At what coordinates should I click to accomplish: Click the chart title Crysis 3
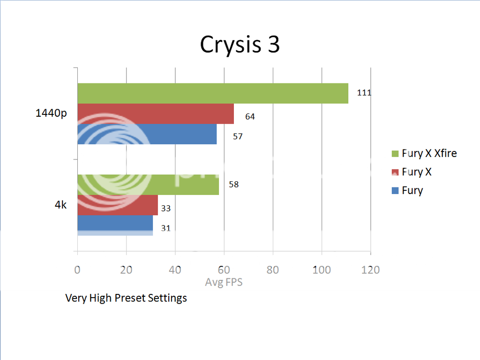coord(240,45)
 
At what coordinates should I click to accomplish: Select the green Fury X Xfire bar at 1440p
coord(212,93)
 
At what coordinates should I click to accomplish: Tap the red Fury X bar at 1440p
coord(155,113)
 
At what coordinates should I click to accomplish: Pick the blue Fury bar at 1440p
coord(147,134)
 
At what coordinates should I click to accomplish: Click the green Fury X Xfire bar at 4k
coord(148,185)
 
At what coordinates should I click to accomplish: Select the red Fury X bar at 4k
coord(117,205)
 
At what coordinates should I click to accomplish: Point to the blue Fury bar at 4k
coord(115,225)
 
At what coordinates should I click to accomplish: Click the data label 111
coord(364,93)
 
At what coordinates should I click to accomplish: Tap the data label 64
coord(250,116)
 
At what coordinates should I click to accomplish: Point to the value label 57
coord(238,136)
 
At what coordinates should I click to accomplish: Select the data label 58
coord(233,184)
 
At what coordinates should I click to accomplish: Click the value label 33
coord(165,208)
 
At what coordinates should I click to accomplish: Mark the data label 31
coord(165,228)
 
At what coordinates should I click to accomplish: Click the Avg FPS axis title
coord(224,283)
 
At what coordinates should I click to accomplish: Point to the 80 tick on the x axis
coord(272,270)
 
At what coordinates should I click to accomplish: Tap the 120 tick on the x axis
coord(370,270)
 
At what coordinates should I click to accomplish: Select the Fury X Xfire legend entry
coord(429,153)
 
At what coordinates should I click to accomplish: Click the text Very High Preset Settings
coord(126,298)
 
